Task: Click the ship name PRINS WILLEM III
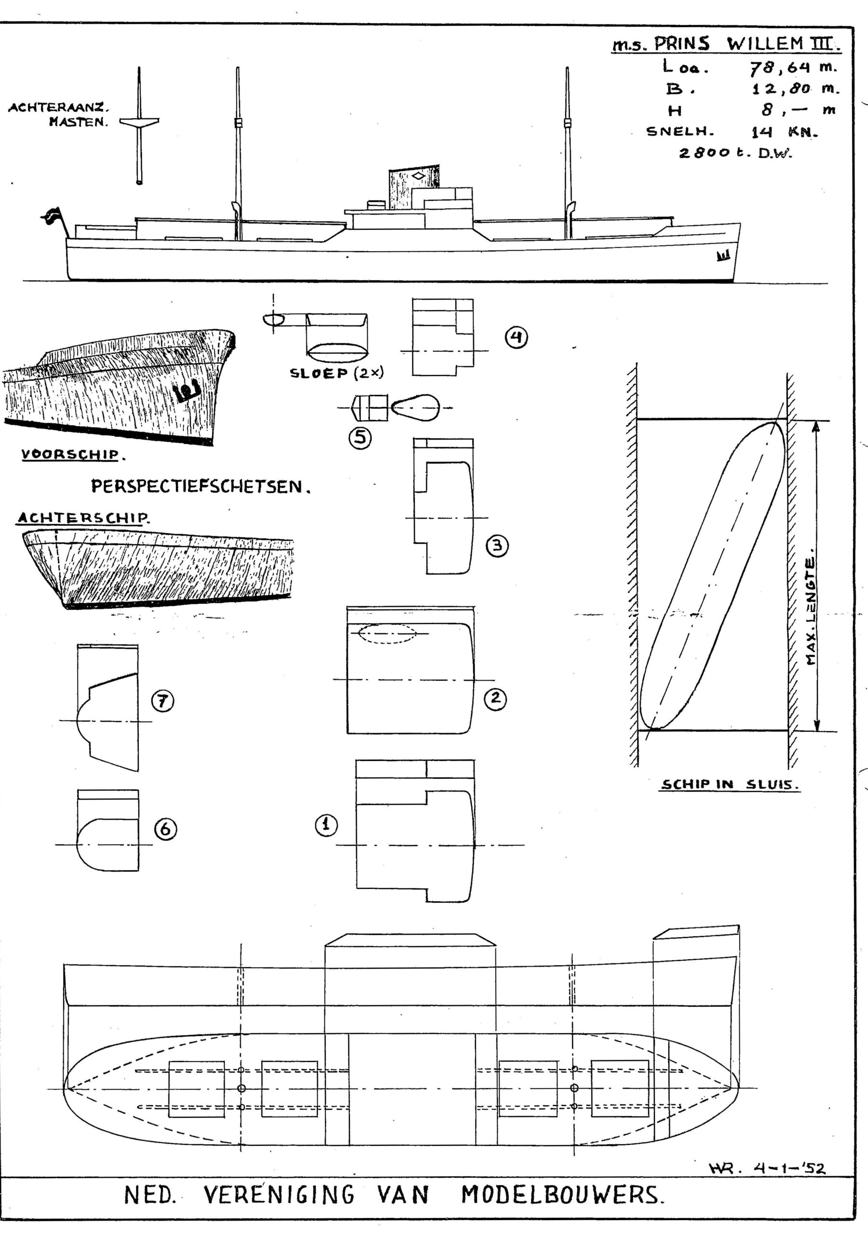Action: [747, 44]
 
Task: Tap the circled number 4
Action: [516, 337]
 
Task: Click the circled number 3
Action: [497, 546]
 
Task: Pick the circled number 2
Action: [495, 697]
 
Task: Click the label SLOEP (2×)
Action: [337, 373]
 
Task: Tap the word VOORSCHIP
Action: [70, 454]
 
